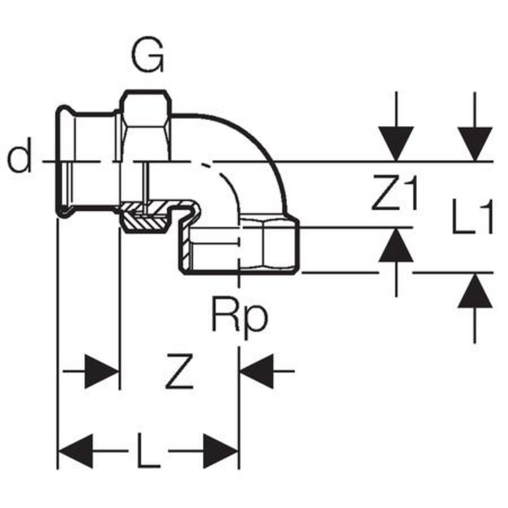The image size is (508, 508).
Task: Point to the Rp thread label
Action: (x=239, y=317)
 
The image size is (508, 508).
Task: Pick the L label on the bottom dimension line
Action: (x=148, y=452)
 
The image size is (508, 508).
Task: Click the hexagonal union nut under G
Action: (x=146, y=127)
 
